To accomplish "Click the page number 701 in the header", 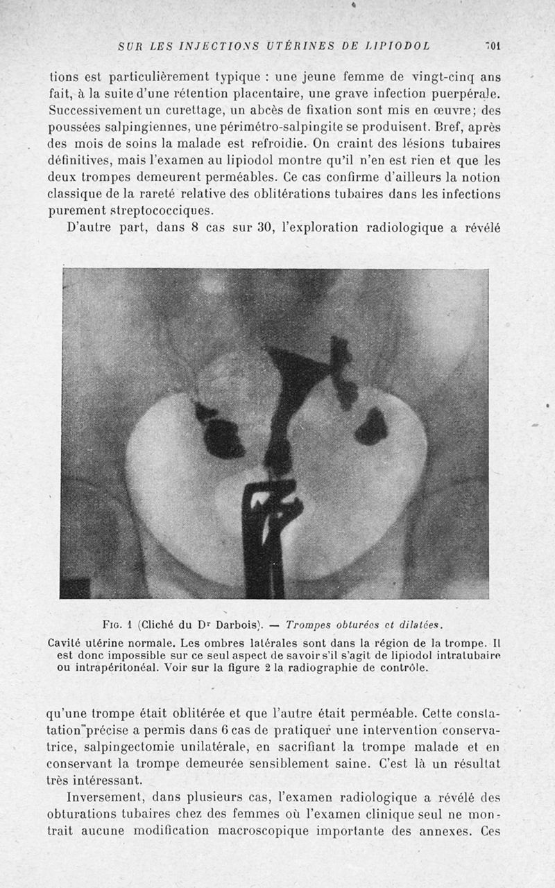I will click(x=493, y=46).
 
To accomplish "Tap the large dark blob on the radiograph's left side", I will click(x=222, y=437).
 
